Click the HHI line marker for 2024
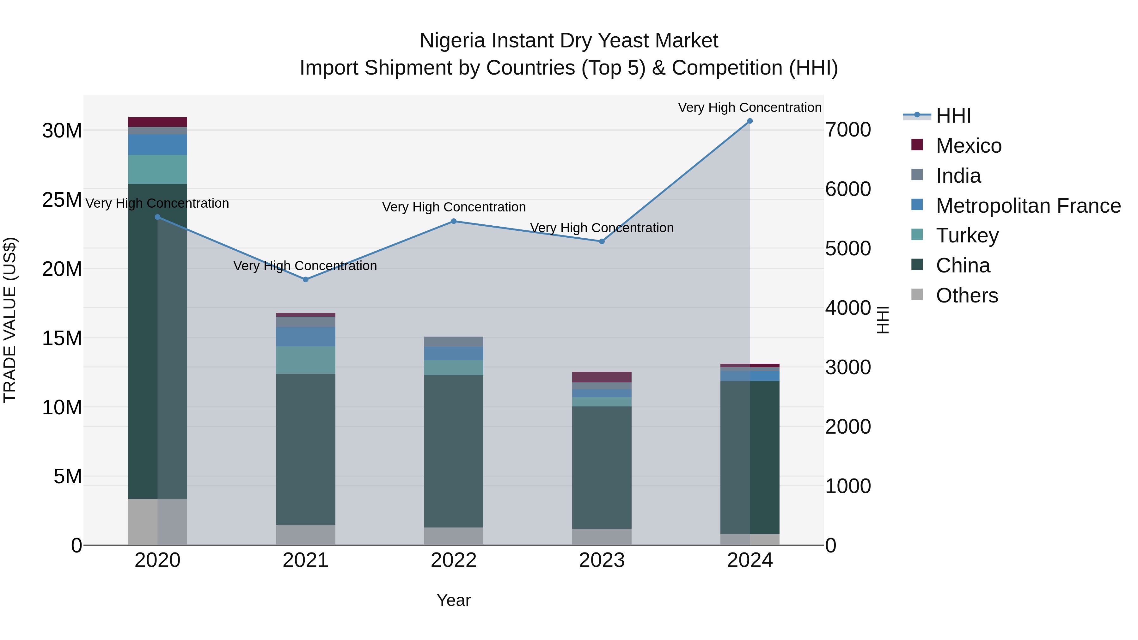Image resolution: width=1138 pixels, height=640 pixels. coord(750,121)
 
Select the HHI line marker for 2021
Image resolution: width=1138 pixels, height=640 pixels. coord(305,280)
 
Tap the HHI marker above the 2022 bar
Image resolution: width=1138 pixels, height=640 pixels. coord(454,221)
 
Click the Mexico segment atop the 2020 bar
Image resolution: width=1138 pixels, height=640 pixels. coord(157,122)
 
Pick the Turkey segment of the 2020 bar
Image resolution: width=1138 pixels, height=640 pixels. coord(157,169)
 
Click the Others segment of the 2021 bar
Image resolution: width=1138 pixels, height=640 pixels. coord(305,534)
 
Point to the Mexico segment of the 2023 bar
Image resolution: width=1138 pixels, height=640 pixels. coord(602,377)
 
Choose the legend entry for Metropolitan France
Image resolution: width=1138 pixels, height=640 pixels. coord(1028,206)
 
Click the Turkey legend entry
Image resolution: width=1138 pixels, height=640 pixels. coord(967,235)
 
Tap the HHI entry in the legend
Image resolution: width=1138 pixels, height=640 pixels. coord(953,116)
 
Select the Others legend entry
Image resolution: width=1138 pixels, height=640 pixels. coord(967,296)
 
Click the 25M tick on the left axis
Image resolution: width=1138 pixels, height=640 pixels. coord(62,200)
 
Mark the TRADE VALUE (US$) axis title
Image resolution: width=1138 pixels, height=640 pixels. coord(10,320)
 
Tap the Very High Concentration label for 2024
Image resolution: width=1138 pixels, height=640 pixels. coord(750,107)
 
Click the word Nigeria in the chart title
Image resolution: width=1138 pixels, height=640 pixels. coord(452,41)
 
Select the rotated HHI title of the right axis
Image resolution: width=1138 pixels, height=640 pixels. coord(883,320)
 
